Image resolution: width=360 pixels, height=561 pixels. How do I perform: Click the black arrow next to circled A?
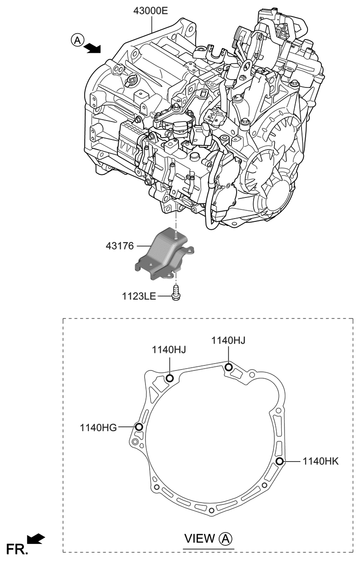click(93, 46)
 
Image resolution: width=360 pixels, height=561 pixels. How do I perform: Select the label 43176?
click(119, 247)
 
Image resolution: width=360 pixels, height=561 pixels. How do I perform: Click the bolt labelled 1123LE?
click(175, 293)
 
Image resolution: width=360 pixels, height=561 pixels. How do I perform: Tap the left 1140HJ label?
click(169, 350)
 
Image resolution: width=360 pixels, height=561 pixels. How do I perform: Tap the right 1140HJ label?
click(228, 340)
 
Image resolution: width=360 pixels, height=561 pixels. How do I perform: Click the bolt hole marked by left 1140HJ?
click(169, 378)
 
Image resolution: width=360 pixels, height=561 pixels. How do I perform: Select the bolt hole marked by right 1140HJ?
click(228, 367)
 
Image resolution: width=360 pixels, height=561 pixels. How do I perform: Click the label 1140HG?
click(98, 427)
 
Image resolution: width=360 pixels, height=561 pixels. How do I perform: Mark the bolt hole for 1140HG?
click(139, 427)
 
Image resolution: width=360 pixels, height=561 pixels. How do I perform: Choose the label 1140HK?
click(320, 461)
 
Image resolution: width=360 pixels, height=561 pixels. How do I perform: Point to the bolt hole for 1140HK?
click(279, 461)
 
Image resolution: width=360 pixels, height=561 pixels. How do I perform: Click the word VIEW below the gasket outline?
click(199, 538)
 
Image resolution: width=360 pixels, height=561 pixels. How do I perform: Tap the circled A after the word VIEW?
click(226, 538)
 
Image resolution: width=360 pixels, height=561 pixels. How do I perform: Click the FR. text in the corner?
click(17, 549)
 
